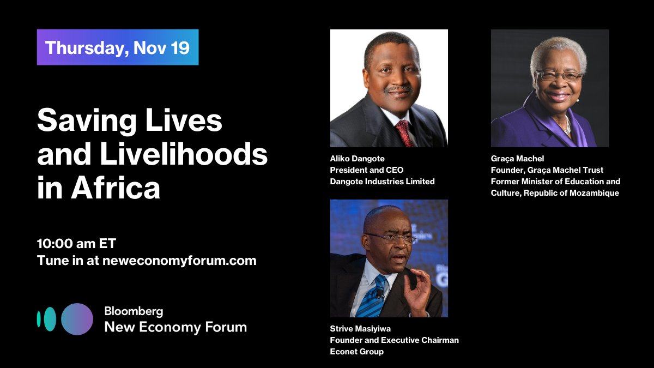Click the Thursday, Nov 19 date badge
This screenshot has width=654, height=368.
[x=117, y=47]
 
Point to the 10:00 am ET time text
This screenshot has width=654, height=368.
[x=76, y=243]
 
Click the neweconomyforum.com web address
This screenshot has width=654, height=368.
[x=179, y=261]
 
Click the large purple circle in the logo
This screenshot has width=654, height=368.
[x=77, y=319]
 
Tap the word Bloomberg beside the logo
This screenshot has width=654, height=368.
[x=134, y=311]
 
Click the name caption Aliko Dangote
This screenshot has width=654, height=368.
[x=357, y=159]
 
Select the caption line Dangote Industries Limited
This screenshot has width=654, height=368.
[x=382, y=182]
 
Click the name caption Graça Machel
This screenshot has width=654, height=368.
[x=517, y=159]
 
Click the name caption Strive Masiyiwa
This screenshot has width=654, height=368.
[x=361, y=329]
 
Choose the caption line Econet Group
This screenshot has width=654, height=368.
[x=356, y=352]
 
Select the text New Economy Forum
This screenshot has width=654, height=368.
[x=175, y=327]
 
